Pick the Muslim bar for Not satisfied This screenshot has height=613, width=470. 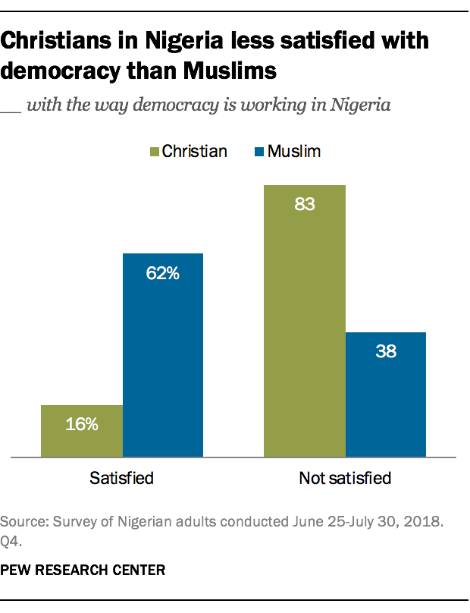click(x=385, y=395)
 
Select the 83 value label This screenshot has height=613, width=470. click(x=305, y=205)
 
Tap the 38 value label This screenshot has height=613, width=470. click(x=385, y=352)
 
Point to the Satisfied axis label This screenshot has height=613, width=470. click(x=122, y=478)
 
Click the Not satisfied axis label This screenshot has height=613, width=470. click(x=345, y=478)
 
